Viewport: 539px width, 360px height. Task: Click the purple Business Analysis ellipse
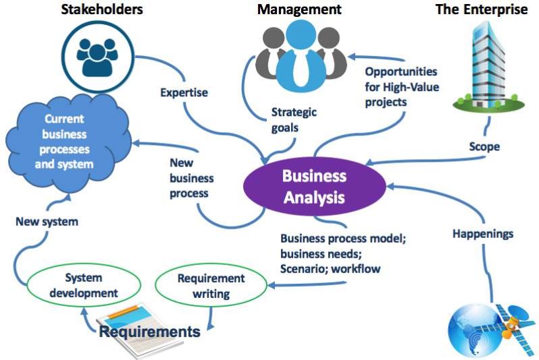(314, 187)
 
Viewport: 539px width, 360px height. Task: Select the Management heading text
(300, 9)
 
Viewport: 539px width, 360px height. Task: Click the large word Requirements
(150, 331)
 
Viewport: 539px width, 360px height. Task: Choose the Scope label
(484, 146)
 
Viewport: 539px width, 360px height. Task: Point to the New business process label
(191, 177)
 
